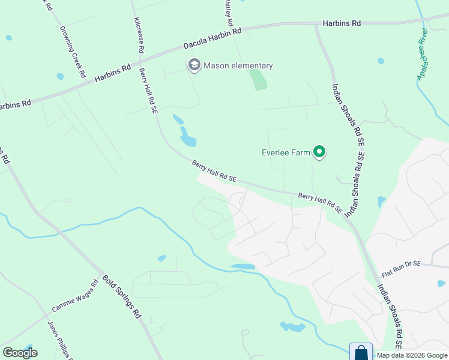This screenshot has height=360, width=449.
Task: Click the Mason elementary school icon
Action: tap(194, 65)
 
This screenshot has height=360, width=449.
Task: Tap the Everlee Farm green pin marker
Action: tap(319, 153)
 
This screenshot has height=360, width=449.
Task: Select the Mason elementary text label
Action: tap(238, 65)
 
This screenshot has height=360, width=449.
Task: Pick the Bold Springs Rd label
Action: tap(121, 296)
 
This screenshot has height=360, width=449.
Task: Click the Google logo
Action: tap(20, 352)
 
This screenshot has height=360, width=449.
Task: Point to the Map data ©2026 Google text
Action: tap(412, 356)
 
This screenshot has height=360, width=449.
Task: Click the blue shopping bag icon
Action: tap(361, 352)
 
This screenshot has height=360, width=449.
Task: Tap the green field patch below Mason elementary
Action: tap(259, 80)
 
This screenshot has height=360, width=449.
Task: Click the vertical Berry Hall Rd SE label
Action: tap(148, 90)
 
